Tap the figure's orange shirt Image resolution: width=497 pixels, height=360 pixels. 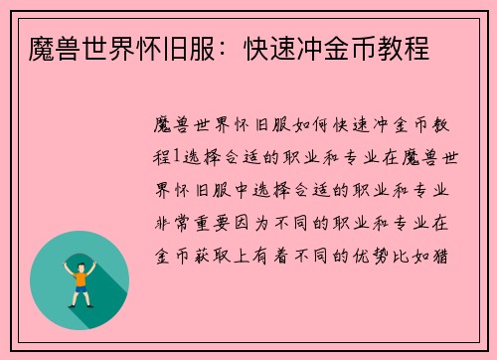tap(81, 278)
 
